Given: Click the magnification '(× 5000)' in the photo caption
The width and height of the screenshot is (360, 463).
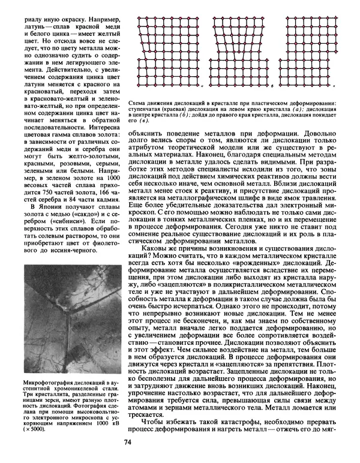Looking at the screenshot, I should point(32,429).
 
